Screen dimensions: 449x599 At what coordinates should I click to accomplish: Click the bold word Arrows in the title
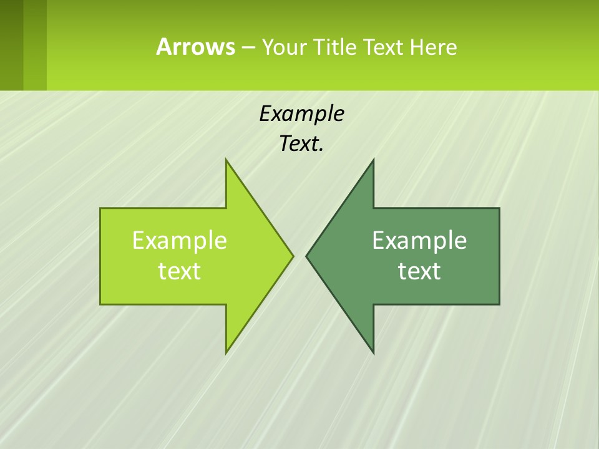pyautogui.click(x=195, y=47)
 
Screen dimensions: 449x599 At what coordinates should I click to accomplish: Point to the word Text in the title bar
pyautogui.click(x=384, y=47)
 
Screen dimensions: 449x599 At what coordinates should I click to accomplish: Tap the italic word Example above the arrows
pyautogui.click(x=301, y=114)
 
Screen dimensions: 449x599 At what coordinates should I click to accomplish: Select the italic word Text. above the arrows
pyautogui.click(x=301, y=144)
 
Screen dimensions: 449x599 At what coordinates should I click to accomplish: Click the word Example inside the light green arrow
pyautogui.click(x=180, y=240)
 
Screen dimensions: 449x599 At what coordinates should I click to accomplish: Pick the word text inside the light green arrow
pyautogui.click(x=180, y=271)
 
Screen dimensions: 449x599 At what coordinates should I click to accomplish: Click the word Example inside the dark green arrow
pyautogui.click(x=419, y=240)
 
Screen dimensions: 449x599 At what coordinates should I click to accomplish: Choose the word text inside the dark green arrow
pyautogui.click(x=419, y=271)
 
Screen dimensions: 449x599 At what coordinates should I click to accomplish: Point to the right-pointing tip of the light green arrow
pyautogui.click(x=292, y=256)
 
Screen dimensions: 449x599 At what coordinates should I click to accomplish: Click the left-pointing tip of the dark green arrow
pyautogui.click(x=307, y=256)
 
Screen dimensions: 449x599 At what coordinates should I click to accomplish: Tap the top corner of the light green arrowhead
pyautogui.click(x=226, y=160)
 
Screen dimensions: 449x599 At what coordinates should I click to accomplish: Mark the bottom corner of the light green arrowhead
pyautogui.click(x=226, y=352)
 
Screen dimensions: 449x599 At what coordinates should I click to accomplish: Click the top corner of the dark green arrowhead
pyautogui.click(x=373, y=160)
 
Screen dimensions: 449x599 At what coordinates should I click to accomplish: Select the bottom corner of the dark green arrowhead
pyautogui.click(x=373, y=352)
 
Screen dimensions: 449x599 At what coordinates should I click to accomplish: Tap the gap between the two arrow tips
pyautogui.click(x=299, y=256)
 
